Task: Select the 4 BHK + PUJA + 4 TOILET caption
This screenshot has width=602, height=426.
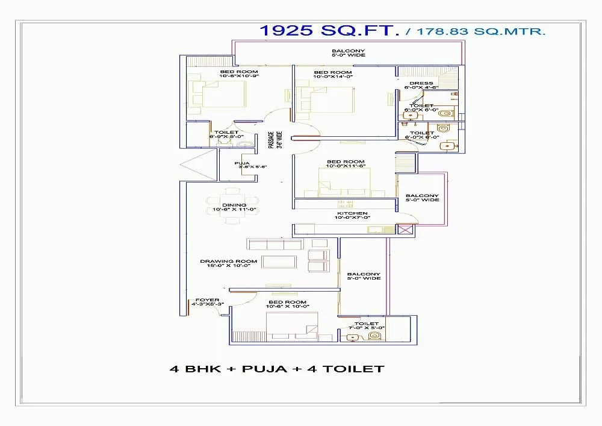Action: pyautogui.click(x=278, y=369)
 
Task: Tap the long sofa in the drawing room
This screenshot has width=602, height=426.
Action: pyautogui.click(x=274, y=244)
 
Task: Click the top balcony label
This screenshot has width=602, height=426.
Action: pyautogui.click(x=348, y=53)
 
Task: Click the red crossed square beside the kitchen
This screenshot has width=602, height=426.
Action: pyautogui.click(x=405, y=230)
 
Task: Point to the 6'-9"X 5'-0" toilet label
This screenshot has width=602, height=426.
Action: pyautogui.click(x=224, y=134)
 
